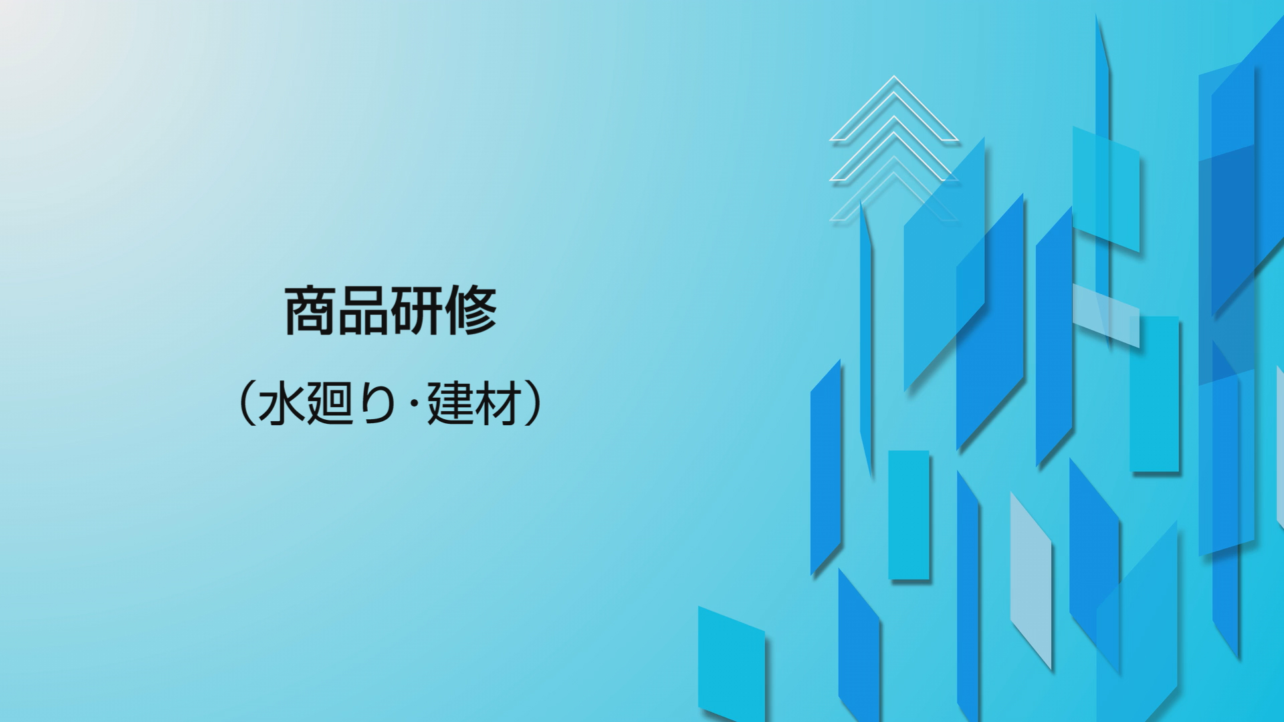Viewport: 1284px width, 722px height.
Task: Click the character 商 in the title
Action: tap(310, 310)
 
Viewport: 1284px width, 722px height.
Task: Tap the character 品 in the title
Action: tap(363, 310)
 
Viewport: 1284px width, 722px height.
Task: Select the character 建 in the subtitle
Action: tap(451, 404)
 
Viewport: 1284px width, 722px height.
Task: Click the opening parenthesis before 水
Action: tap(245, 404)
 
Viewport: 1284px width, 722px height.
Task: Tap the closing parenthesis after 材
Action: tap(533, 404)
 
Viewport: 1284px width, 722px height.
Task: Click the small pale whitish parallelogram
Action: tap(1106, 316)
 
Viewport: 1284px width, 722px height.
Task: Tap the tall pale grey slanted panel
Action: tap(1031, 581)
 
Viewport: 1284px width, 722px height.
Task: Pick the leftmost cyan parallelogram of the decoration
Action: tap(732, 663)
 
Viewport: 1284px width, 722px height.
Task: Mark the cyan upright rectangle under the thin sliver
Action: tap(909, 515)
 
